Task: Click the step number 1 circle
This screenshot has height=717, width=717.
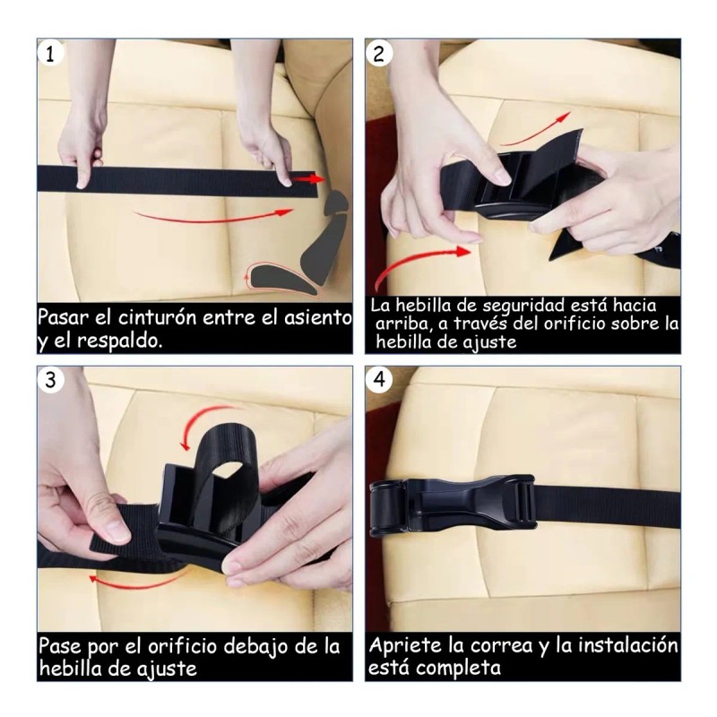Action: (51, 54)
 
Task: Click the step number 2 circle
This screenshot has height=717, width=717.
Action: (379, 54)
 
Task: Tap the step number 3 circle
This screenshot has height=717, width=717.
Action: (51, 381)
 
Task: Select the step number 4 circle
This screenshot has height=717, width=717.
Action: (379, 381)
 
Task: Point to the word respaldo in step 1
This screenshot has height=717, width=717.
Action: (122, 341)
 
